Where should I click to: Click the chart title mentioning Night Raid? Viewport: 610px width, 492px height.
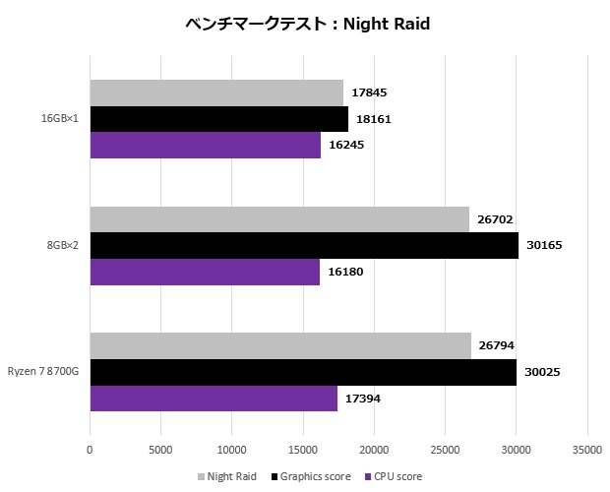[x=308, y=24]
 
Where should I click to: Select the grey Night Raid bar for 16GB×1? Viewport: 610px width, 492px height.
[x=216, y=93]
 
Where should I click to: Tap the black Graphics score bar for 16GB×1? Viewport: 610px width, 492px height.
[x=218, y=119]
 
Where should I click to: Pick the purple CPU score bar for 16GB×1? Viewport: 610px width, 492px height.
[x=205, y=146]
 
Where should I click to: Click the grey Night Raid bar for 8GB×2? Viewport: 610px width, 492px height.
[x=279, y=219]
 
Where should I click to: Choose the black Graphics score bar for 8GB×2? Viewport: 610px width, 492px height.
[x=304, y=246]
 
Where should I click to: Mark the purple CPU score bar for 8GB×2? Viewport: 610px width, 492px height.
[x=205, y=272]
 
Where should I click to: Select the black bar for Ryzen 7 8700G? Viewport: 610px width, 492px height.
[x=303, y=372]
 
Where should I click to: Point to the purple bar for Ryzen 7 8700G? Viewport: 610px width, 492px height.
[x=213, y=399]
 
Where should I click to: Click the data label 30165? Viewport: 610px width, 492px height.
[x=543, y=246]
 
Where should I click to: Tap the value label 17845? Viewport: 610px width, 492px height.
[x=368, y=93]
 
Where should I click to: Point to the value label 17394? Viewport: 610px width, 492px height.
[x=362, y=399]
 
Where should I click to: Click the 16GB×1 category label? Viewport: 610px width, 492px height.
[x=60, y=119]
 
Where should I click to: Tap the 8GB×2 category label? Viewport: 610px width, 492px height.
[x=62, y=246]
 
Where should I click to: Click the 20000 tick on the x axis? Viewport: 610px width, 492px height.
[x=374, y=450]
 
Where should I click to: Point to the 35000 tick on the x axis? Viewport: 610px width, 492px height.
[x=587, y=450]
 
